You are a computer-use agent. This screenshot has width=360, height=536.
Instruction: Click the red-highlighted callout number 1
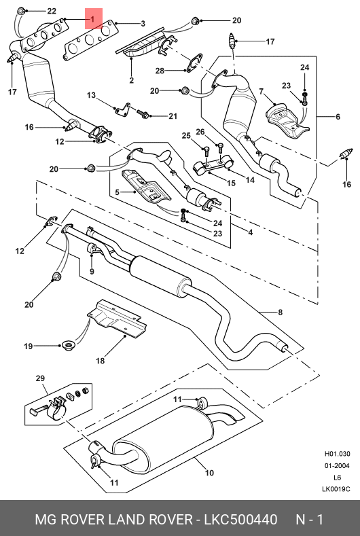[92, 20]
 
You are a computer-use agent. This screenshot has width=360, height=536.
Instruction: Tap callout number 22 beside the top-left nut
[52, 11]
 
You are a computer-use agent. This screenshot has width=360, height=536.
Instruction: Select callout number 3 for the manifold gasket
[143, 24]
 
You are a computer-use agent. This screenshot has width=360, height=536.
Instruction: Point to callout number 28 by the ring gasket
[160, 71]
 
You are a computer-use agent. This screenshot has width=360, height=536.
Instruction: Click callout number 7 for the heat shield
[262, 92]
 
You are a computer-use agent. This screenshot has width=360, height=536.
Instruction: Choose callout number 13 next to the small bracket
[91, 94]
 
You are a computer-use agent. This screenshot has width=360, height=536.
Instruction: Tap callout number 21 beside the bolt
[173, 116]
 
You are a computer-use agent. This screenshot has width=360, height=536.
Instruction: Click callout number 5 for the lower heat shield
[118, 192]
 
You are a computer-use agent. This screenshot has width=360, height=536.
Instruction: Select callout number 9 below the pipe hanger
[92, 272]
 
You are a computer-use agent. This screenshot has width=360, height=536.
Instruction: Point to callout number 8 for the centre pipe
[280, 312]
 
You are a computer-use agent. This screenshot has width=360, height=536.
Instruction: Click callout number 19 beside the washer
[29, 346]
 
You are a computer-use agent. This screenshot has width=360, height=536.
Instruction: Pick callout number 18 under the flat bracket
[100, 360]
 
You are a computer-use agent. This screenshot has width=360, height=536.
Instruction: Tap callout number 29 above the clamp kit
[40, 378]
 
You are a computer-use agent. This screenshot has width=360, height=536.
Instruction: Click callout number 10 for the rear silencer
[209, 473]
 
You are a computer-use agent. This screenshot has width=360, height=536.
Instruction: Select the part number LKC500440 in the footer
[240, 520]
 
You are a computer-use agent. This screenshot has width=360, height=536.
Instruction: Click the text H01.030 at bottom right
[337, 454]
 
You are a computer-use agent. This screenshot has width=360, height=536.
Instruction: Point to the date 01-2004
[337, 465]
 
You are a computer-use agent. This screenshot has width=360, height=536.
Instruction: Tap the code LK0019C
[336, 489]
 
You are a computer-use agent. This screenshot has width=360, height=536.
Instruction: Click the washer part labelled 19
[69, 346]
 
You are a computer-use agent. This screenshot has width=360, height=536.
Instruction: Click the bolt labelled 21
[143, 113]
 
